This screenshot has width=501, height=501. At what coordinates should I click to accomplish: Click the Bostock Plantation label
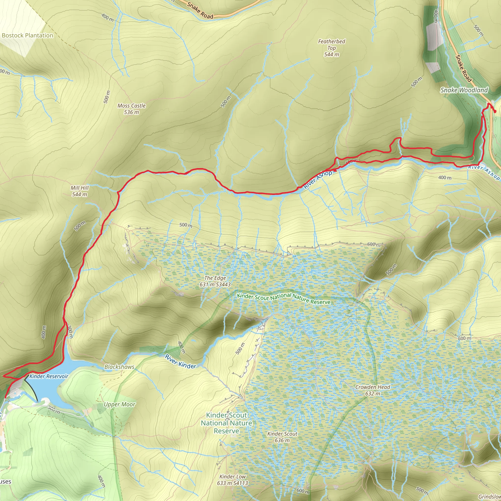27,35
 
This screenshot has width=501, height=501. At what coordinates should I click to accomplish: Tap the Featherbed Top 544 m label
331,48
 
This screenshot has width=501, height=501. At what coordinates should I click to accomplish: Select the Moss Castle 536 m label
131,109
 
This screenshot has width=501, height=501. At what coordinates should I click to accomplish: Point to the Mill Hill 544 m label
80,191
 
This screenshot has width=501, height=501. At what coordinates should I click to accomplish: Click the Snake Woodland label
464,90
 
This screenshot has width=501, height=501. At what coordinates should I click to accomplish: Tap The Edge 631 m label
215,281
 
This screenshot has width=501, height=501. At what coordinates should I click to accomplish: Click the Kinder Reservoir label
49,376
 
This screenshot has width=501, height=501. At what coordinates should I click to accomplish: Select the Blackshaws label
119,367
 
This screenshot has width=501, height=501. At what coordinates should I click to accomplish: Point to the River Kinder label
181,362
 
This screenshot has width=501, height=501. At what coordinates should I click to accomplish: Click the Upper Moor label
120,404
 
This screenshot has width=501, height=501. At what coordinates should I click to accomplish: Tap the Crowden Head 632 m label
373,390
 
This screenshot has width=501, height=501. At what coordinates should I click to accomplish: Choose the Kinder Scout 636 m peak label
282,437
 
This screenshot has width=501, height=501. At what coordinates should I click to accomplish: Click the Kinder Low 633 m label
232,480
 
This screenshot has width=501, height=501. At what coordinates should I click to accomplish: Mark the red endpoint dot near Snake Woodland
495,112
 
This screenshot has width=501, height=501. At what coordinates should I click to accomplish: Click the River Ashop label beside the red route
318,180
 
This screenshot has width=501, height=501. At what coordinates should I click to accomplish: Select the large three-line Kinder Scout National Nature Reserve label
226,423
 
